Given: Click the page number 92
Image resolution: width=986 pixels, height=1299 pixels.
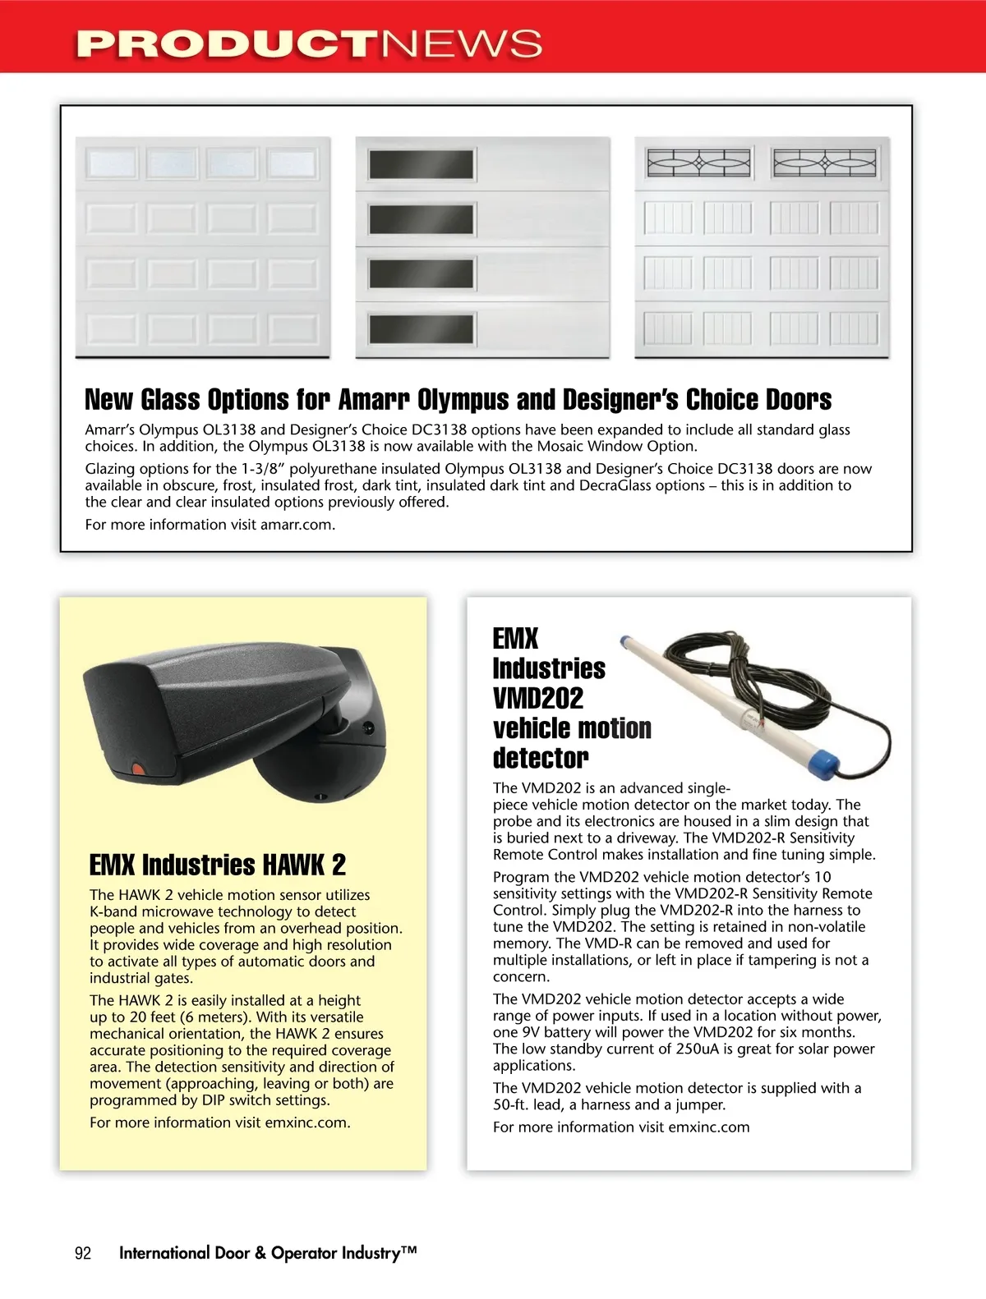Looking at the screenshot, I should point(83,1253).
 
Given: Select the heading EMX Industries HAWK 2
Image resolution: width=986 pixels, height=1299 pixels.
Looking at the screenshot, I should point(217,865).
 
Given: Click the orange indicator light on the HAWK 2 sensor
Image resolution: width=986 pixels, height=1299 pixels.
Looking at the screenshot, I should point(138,770).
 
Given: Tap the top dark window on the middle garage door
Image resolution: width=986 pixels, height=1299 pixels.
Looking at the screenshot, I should point(421,164).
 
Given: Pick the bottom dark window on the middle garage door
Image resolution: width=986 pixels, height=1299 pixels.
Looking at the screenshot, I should point(421,329).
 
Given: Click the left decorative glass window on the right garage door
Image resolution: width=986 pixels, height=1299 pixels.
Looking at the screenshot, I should point(698,163).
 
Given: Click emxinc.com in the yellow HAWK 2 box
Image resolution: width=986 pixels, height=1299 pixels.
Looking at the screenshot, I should point(306,1122).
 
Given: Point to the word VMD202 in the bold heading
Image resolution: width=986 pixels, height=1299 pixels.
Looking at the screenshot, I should point(538,699).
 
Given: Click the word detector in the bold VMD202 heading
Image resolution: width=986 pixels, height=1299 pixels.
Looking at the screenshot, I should point(541,758).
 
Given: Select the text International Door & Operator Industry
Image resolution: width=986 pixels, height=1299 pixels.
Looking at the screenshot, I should point(268,1253).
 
